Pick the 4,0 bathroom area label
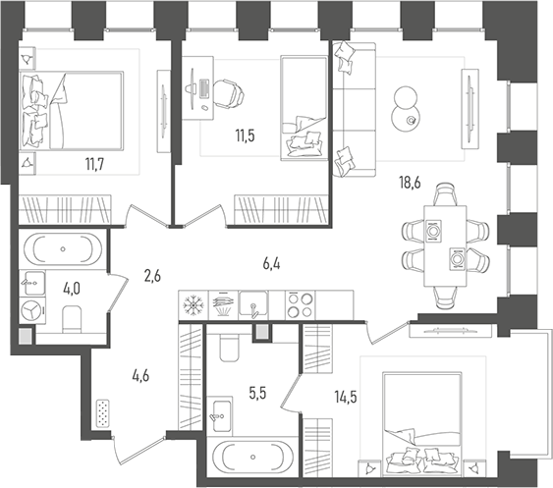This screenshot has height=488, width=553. point(72,290)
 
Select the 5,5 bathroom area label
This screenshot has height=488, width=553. point(257,393)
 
